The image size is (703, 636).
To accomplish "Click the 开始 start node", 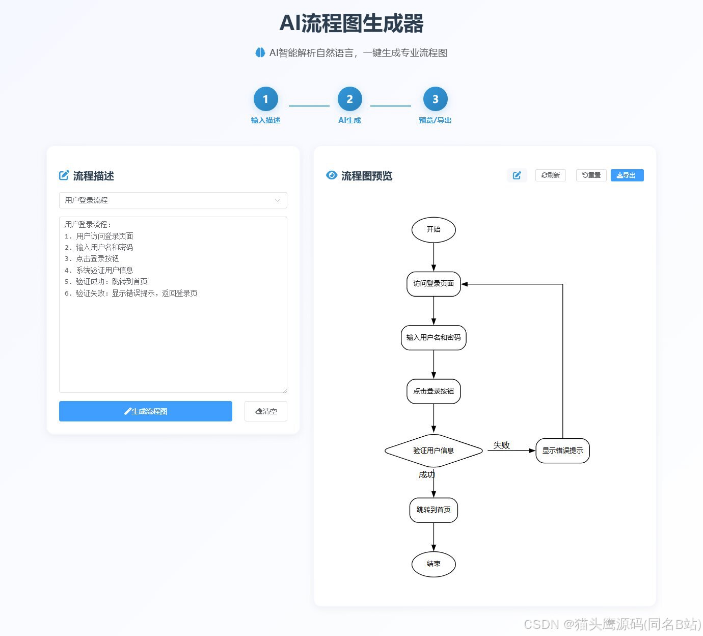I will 434,230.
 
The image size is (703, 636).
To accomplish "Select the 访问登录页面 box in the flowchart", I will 434,284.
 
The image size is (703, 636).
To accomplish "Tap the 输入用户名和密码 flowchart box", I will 434,338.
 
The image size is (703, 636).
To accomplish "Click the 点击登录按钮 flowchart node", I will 434,391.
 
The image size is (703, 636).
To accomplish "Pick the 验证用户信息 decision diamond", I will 434,450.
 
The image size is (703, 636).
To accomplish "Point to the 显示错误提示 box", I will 562,450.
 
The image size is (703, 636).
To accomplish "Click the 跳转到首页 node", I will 434,510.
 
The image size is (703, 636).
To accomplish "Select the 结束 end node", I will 434,564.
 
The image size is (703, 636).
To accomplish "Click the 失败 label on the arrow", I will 501,445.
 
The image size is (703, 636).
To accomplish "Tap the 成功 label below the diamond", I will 426,474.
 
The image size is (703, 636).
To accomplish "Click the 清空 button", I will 266,411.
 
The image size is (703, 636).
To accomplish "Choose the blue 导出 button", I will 627,175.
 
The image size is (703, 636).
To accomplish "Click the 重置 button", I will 591,175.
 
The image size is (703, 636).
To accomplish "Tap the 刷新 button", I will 551,175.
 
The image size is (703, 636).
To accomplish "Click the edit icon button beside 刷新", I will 517,175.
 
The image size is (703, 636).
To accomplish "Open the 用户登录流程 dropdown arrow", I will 278,200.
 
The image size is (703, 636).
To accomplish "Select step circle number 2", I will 349,99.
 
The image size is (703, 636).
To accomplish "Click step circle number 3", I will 435,99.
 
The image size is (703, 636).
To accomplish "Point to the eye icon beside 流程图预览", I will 332,175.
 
